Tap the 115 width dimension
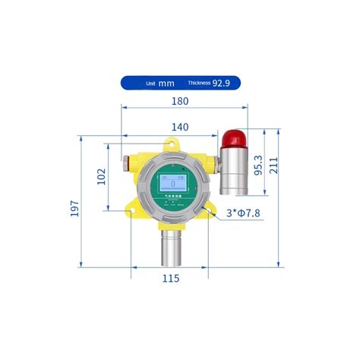pos(171,279)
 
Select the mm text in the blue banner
pos(166,83)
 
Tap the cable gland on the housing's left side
pos(125,161)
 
